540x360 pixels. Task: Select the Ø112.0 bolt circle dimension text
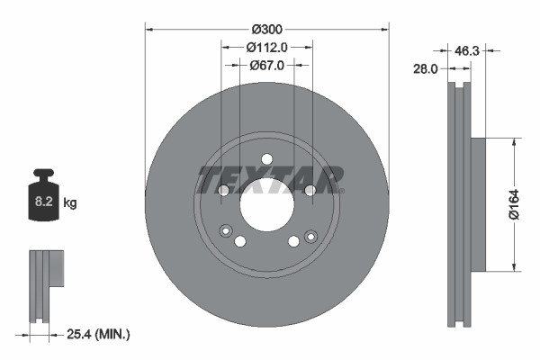click(266, 48)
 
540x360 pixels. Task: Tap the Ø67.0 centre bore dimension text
click(267, 65)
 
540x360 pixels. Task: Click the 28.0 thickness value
click(426, 67)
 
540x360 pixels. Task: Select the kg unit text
click(70, 203)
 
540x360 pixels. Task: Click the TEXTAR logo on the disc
click(267, 179)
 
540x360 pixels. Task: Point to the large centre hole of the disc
click(266, 203)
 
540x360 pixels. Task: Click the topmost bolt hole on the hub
click(266, 159)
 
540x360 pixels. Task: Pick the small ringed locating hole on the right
click(310, 236)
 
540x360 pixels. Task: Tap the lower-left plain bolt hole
click(240, 241)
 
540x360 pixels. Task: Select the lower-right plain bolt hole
click(293, 241)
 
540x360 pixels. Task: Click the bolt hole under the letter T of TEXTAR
click(224, 190)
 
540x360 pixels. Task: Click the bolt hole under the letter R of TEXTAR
click(310, 190)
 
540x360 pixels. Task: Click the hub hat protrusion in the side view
click(477, 203)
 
